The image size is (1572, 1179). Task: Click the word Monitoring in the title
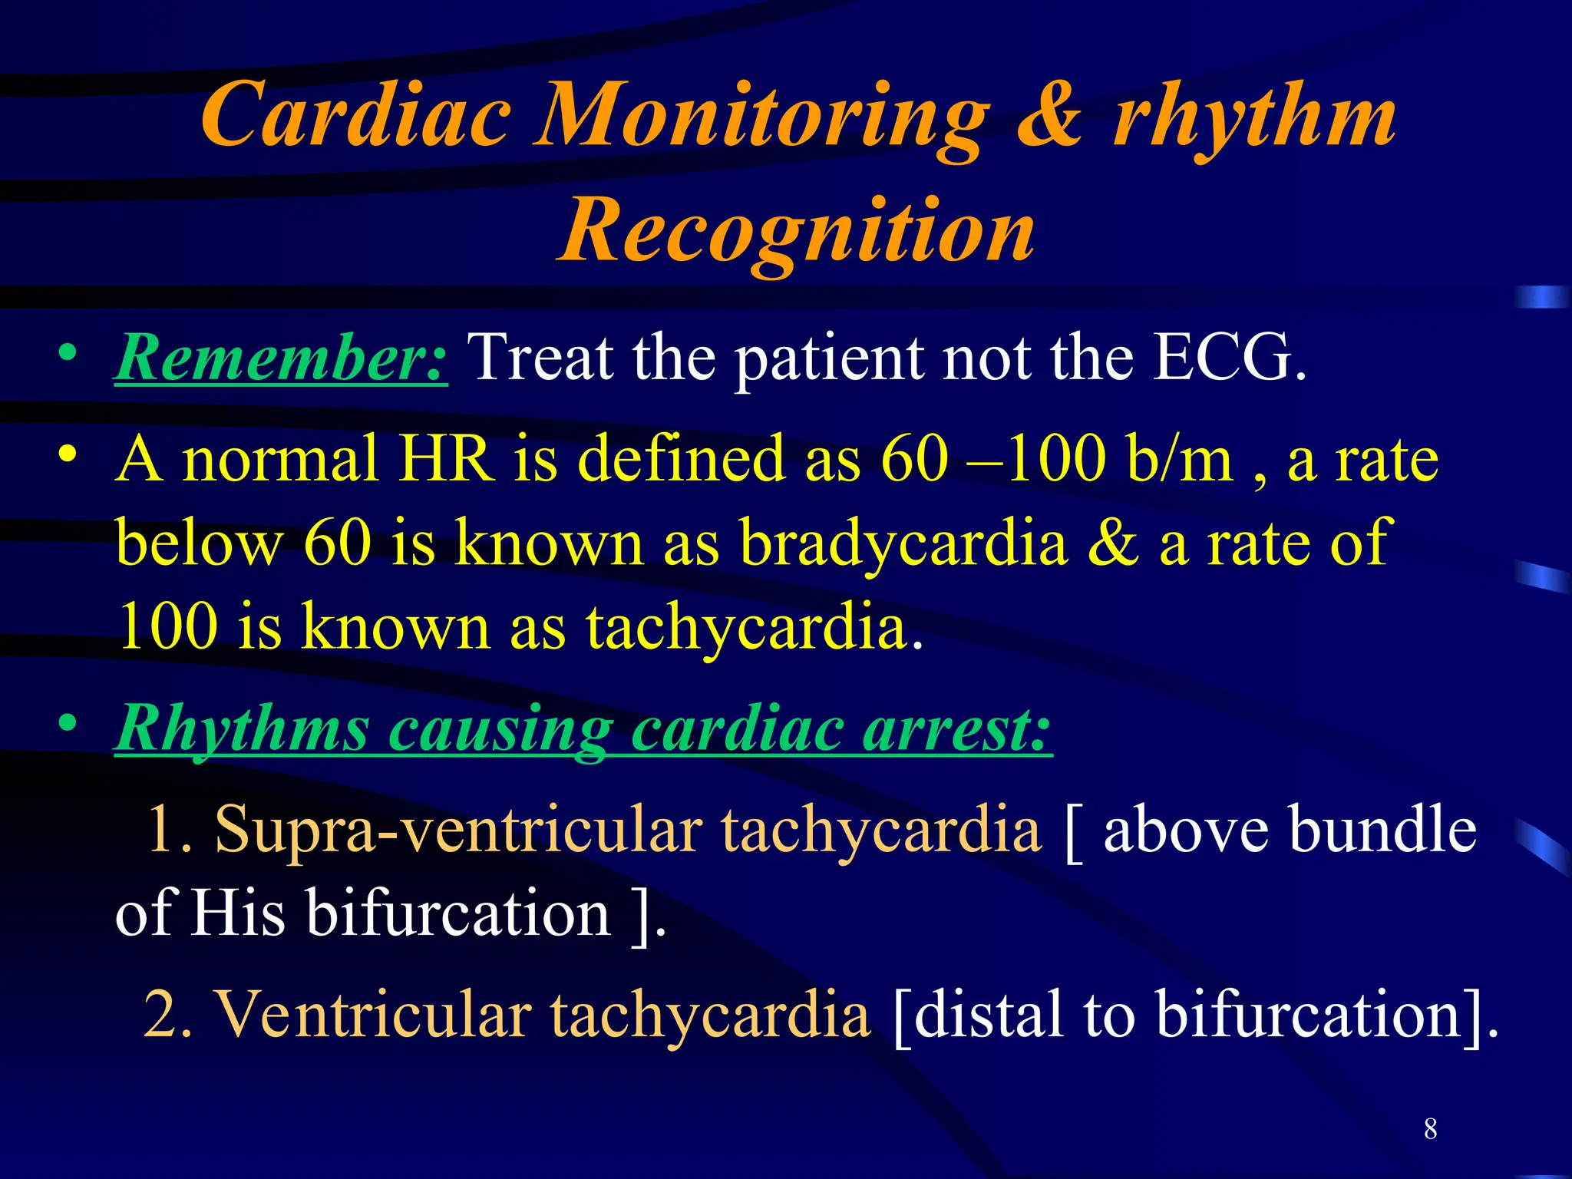click(x=760, y=117)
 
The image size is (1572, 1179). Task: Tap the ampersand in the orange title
click(x=1049, y=117)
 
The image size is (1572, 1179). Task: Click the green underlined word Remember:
click(x=281, y=358)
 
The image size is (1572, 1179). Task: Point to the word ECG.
click(x=1228, y=358)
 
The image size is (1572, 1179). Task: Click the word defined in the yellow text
click(x=680, y=459)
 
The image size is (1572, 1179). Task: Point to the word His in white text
click(x=237, y=913)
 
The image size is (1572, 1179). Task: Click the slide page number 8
click(x=1430, y=1128)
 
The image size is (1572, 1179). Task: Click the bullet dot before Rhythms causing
click(x=68, y=723)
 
